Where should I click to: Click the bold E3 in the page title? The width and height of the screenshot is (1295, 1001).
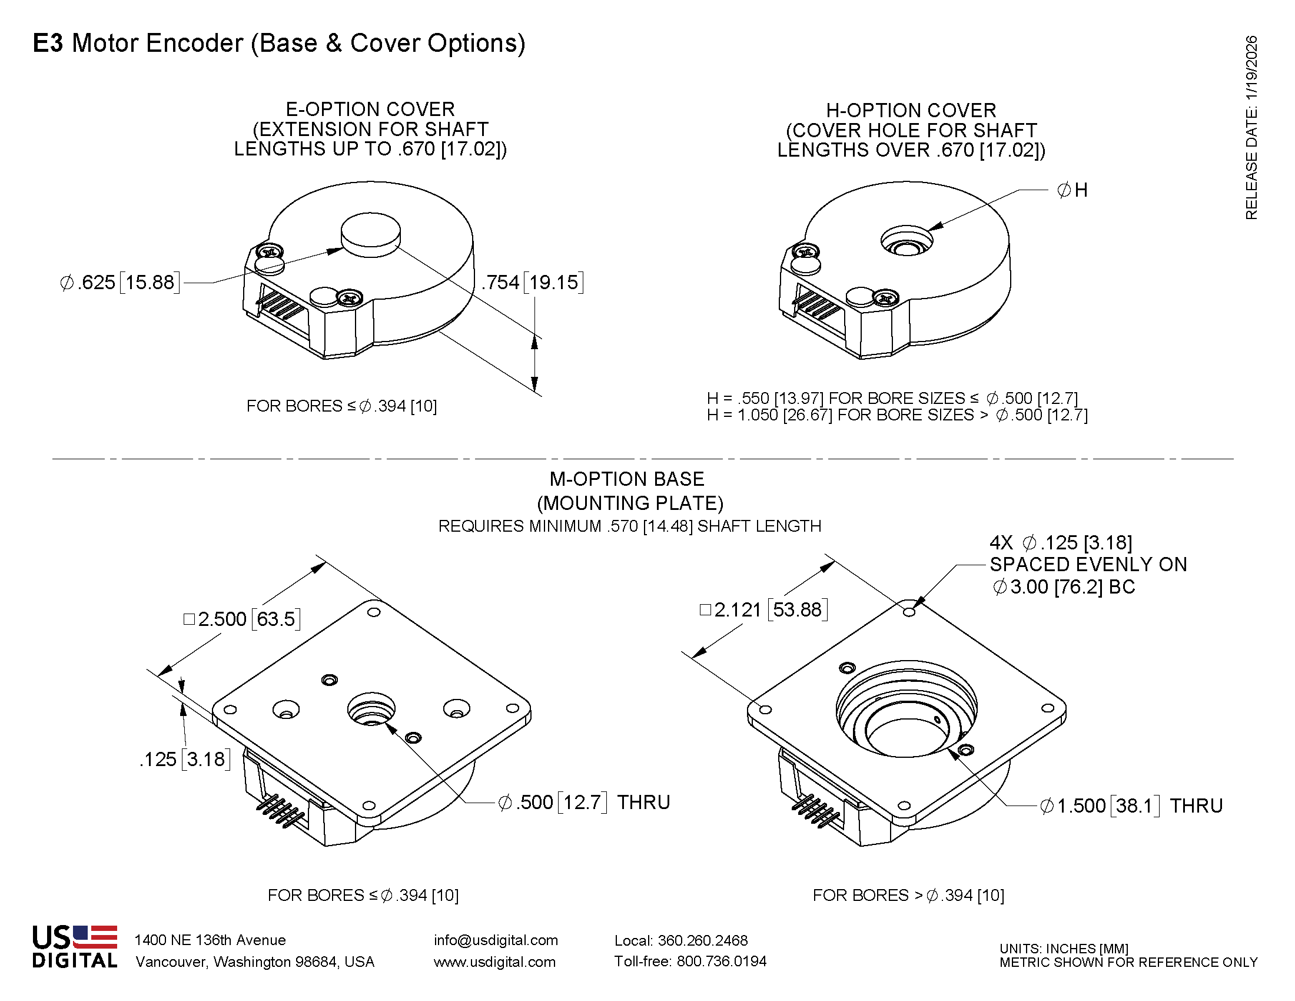pos(48,44)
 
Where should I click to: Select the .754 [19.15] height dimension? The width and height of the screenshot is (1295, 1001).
pos(532,282)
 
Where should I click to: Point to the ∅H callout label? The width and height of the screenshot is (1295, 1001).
pos(1072,190)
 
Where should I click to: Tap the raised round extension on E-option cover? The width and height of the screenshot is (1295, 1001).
pos(371,234)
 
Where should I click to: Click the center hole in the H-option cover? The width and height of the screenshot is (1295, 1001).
pos(906,243)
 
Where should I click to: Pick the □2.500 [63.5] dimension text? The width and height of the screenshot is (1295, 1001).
pos(242,619)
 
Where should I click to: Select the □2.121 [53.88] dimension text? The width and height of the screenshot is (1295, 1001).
pos(763,609)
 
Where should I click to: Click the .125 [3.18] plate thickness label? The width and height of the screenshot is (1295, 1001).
pos(184,759)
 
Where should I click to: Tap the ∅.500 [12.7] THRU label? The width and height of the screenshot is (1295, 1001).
pos(584,803)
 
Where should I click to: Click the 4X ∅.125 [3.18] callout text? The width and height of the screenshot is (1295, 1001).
pos(1061,543)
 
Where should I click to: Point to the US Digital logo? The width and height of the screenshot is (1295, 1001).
pos(75,946)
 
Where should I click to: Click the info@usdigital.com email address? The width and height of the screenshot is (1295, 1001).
pos(496,940)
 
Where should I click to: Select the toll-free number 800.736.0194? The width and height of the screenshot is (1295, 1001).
pos(721,962)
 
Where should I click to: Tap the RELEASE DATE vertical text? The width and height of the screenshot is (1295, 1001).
pos(1251,128)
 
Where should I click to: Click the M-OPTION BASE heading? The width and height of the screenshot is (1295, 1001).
pos(627,479)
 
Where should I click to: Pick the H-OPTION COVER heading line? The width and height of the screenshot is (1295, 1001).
pos(911,110)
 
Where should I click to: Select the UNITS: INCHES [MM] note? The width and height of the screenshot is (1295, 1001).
pos(1064,948)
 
